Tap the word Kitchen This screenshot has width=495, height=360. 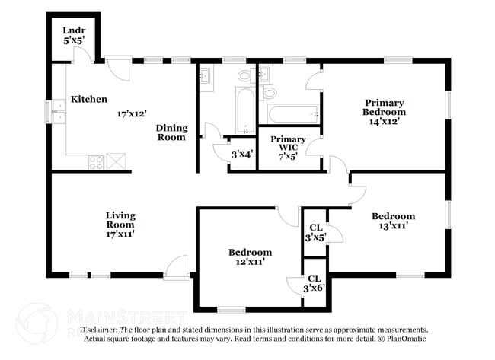point(89,99)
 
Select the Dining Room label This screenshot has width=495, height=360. point(171,132)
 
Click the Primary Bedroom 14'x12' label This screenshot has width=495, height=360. point(384,111)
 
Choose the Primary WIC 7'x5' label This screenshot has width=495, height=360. point(288,145)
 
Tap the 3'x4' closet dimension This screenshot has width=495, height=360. point(243,153)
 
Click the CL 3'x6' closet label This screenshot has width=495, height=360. point(314,283)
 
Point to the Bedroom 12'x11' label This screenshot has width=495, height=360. point(250,257)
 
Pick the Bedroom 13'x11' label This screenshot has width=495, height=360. point(393,221)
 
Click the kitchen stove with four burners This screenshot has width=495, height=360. point(97,161)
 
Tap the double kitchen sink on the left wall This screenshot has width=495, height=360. point(58,112)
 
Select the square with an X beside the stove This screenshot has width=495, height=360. point(116,161)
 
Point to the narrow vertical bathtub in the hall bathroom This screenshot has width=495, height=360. point(244,111)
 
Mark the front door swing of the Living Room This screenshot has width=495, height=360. point(177,266)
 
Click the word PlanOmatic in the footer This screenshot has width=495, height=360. point(404,338)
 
